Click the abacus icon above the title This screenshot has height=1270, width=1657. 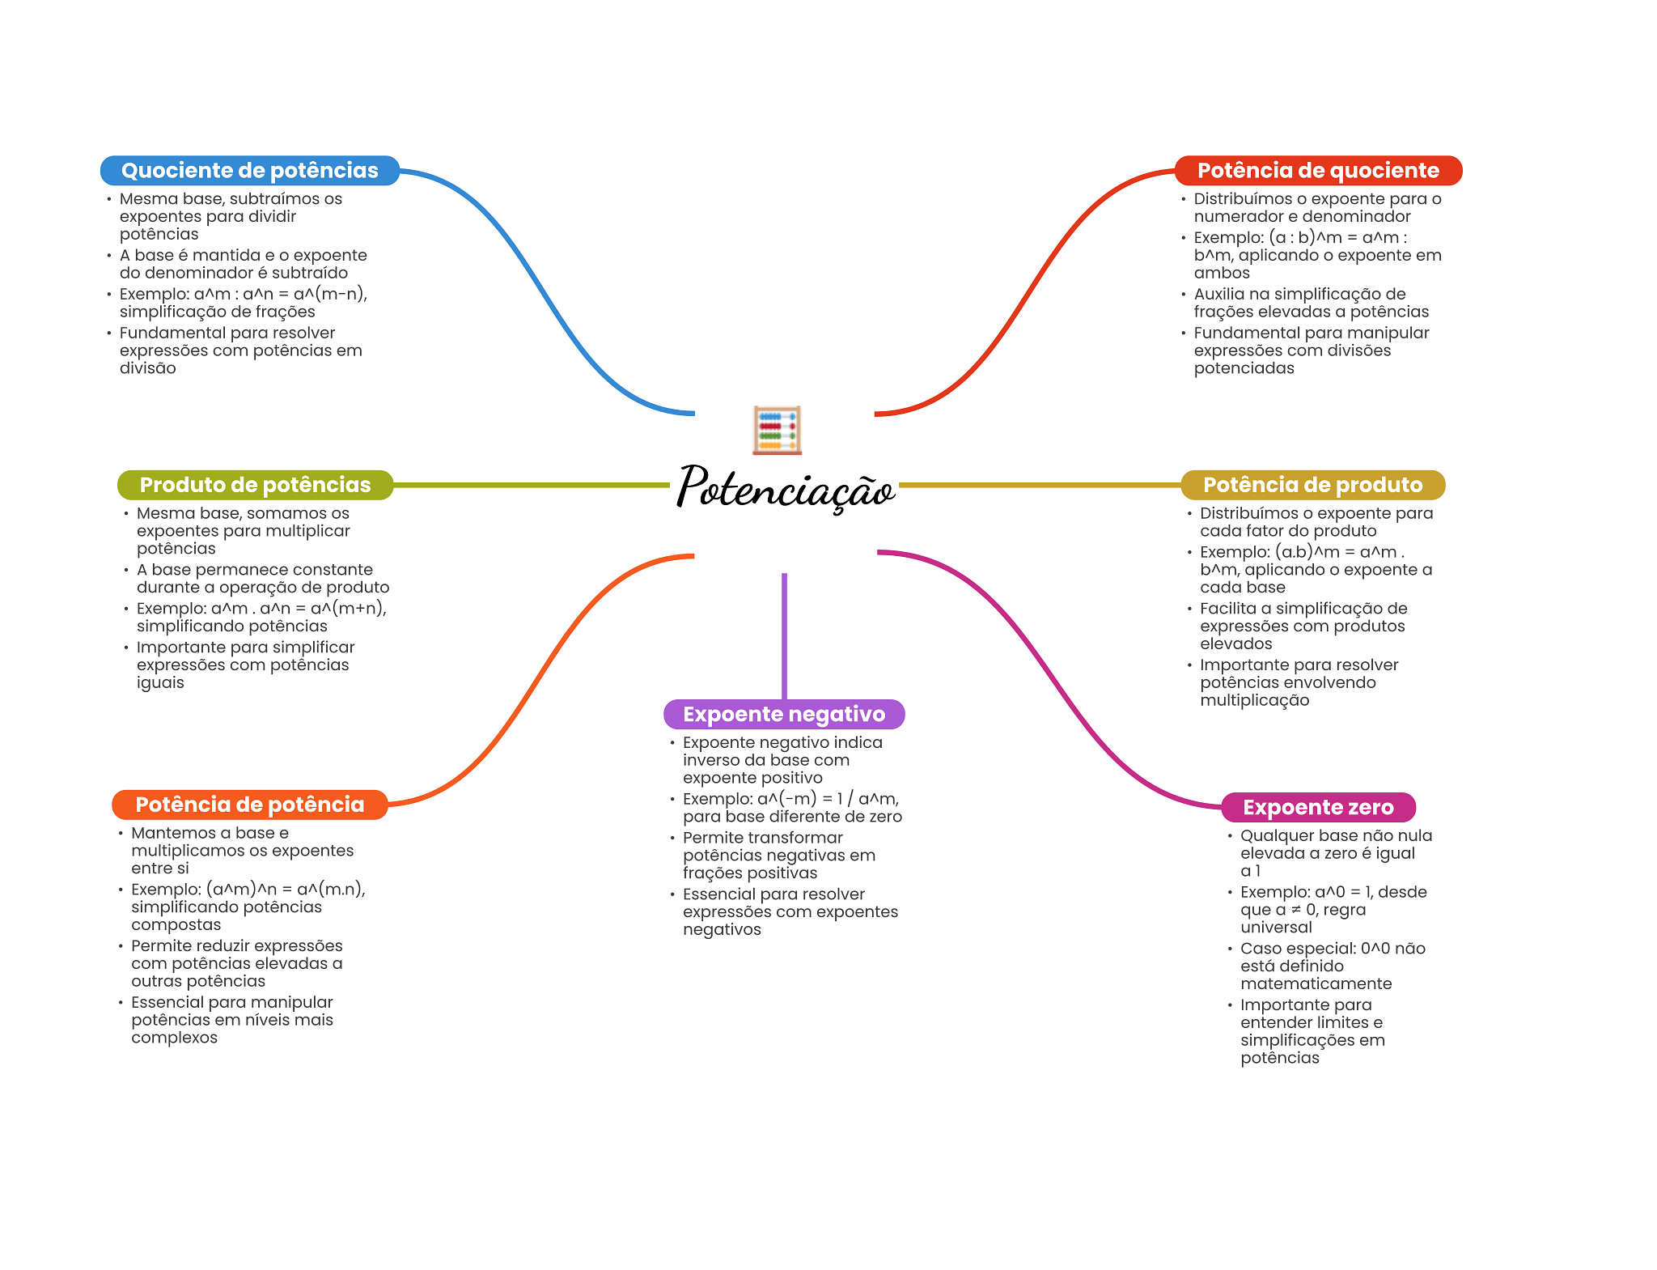[777, 430]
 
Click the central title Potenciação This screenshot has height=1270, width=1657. [786, 487]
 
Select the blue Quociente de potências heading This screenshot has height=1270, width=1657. [249, 171]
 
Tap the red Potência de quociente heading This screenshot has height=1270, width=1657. [1317, 171]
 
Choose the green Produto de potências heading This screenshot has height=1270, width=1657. [255, 485]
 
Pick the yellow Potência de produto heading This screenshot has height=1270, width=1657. [1312, 485]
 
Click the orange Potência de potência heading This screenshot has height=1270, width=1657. [249, 805]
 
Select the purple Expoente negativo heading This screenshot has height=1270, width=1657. [783, 714]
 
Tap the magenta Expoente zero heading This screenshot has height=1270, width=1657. [1317, 807]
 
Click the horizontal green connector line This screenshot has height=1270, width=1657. [530, 485]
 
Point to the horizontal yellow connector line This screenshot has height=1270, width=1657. [1040, 485]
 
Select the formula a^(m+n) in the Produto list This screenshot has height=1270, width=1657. [348, 609]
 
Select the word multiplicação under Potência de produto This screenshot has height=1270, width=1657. [1254, 700]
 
